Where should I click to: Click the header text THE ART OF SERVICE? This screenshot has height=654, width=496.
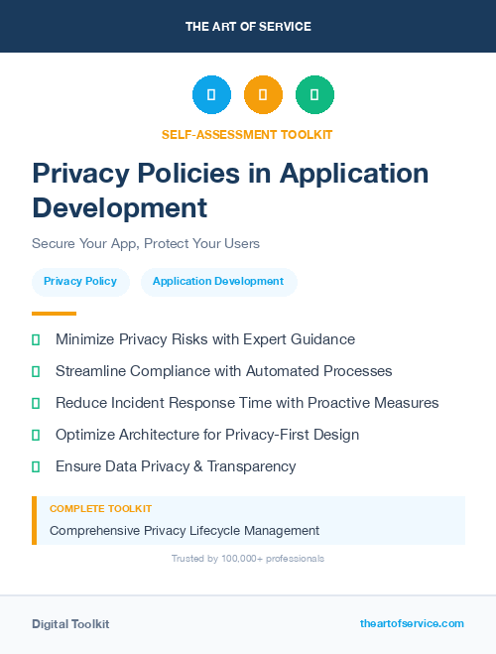pos(248,27)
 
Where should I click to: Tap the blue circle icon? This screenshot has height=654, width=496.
pos(211,95)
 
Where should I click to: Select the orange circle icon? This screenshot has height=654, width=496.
pos(263,95)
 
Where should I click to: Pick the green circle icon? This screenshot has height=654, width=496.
pos(314,95)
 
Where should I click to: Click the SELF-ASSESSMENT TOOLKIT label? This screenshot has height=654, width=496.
pos(248,134)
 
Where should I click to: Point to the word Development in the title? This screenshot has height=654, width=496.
pos(120,207)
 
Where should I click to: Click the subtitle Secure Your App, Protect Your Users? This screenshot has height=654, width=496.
pos(145,243)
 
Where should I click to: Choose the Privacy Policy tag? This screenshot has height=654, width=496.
pos(80,281)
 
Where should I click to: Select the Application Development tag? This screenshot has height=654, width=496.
pos(218,281)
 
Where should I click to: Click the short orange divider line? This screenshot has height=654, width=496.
pos(54,314)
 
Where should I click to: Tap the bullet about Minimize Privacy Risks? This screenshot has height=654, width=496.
pos(204,339)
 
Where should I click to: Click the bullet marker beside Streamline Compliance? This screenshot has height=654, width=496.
pos(36,371)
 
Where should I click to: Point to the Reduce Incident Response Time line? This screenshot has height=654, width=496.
pos(247,403)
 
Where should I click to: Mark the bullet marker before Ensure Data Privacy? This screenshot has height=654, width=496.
pos(36,466)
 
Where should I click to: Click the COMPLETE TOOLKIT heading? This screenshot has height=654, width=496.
pos(100,508)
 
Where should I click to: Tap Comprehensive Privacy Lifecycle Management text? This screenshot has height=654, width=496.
pos(185,530)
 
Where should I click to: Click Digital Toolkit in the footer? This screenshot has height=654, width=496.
pos(70,624)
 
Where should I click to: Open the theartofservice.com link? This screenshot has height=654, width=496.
pos(412,623)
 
